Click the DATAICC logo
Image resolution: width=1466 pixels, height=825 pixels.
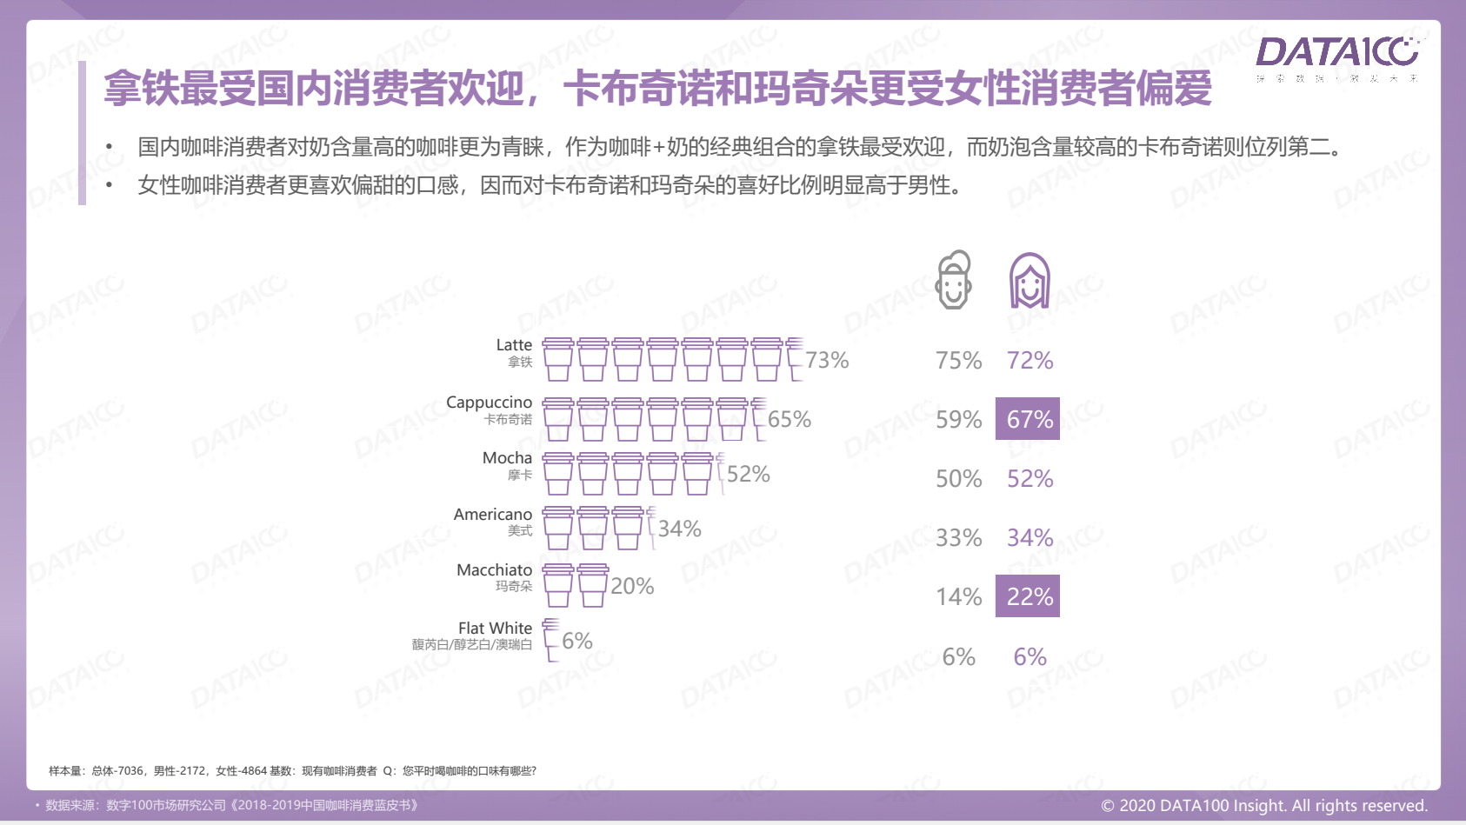click(1336, 54)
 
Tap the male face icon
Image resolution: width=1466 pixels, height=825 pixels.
click(953, 280)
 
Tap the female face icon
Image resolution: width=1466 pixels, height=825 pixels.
click(1030, 281)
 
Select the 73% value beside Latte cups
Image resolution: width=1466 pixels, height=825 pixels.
click(826, 360)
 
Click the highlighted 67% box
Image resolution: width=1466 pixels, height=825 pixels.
click(1028, 419)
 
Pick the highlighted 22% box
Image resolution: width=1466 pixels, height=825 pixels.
click(1028, 596)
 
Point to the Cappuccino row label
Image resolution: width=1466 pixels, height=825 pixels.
click(489, 403)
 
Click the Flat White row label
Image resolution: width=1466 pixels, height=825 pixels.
click(495, 628)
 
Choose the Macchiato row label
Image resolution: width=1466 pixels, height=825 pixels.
click(494, 570)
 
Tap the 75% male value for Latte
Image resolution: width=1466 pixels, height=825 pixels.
click(958, 361)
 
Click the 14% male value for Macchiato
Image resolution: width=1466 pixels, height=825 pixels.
click(958, 597)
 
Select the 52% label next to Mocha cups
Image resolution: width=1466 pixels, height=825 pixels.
click(748, 474)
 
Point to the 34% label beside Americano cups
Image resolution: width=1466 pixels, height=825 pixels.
click(679, 529)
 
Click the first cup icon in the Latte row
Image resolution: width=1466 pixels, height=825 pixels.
click(557, 359)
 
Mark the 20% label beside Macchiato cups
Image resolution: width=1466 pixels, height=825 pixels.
click(632, 586)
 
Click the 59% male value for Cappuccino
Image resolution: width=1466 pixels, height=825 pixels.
click(958, 420)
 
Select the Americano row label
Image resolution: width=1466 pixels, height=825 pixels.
click(492, 515)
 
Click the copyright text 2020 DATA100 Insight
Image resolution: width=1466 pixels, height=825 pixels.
click(1264, 806)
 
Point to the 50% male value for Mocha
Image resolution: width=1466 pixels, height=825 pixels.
click(958, 479)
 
